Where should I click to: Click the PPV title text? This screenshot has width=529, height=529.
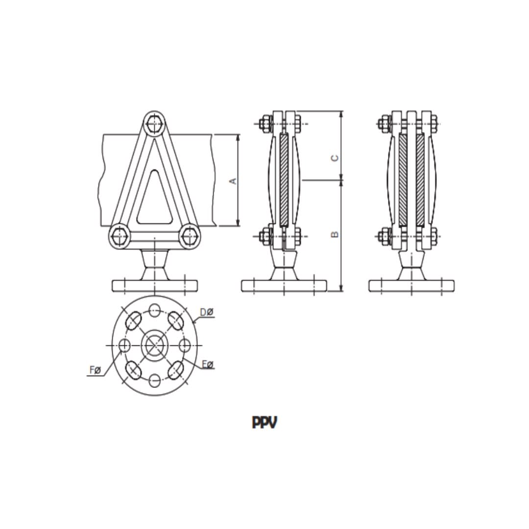pos(264,422)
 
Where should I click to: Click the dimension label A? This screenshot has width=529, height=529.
pos(234,181)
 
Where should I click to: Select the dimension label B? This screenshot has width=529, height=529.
pos(335,234)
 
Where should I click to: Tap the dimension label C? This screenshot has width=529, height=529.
pos(335,158)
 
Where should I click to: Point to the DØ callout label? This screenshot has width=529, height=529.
pos(206,312)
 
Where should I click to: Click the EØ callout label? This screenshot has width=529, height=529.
pos(208,364)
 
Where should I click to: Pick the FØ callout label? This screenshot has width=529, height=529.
pos(95,370)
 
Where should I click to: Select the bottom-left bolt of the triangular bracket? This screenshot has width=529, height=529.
pos(119,237)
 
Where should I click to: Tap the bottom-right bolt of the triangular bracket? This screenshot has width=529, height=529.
pos(189,237)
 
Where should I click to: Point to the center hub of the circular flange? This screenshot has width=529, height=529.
pos(154,345)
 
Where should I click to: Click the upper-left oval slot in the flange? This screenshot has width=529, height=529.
pos(134,321)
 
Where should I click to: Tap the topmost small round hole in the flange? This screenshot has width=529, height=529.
pos(155,309)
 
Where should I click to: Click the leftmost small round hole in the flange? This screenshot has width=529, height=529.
pos(124,346)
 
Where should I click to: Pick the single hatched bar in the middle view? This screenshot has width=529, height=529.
pos(284,179)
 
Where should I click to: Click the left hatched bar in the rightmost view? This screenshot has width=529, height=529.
pos(403,179)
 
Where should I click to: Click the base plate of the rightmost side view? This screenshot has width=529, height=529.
pos(411,286)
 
